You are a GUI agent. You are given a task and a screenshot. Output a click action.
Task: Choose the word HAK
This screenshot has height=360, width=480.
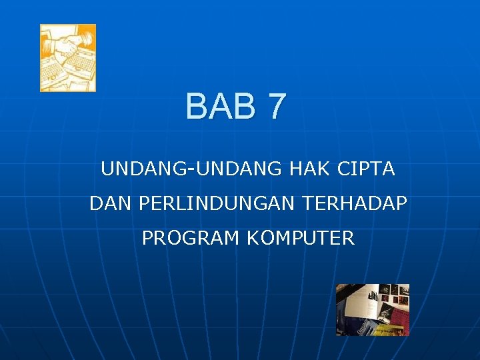310,169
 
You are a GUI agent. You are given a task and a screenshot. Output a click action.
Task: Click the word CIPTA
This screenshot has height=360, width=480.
367,169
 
